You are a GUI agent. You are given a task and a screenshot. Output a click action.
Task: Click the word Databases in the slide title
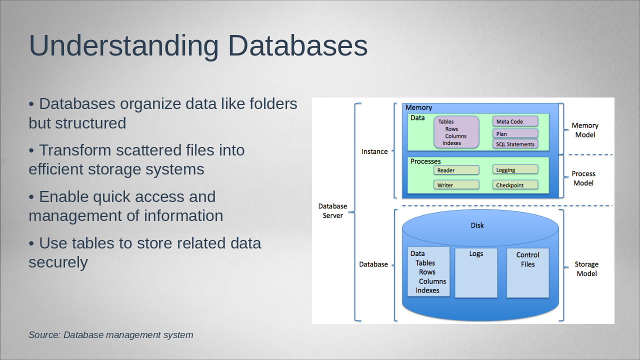click(x=298, y=45)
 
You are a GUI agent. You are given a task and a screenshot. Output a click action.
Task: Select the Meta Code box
click(x=515, y=121)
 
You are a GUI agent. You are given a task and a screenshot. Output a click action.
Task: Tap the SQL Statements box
click(x=515, y=144)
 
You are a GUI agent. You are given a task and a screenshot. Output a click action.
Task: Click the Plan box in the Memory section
click(x=515, y=133)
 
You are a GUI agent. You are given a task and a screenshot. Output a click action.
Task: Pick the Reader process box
click(x=456, y=170)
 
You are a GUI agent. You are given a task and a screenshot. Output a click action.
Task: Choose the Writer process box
click(x=456, y=185)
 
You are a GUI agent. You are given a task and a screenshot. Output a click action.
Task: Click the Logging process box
click(x=515, y=170)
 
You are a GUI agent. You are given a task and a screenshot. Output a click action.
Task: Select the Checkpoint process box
click(x=515, y=185)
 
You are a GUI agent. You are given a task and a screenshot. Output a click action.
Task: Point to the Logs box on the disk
click(x=476, y=272)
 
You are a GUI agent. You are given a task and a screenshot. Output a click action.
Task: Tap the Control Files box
click(x=527, y=272)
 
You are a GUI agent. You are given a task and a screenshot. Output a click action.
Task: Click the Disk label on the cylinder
click(x=477, y=225)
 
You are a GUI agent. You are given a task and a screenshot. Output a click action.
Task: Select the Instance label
click(x=374, y=151)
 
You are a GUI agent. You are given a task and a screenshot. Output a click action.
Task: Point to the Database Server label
click(x=332, y=210)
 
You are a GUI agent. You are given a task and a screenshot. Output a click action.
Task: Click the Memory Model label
click(x=585, y=130)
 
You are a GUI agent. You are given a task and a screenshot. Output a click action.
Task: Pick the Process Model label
click(x=583, y=178)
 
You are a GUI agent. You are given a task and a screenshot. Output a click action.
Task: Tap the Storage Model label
click(x=586, y=269)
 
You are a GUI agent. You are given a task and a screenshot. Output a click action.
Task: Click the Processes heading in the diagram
click(x=425, y=161)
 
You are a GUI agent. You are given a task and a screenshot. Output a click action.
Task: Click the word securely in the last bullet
click(x=58, y=262)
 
